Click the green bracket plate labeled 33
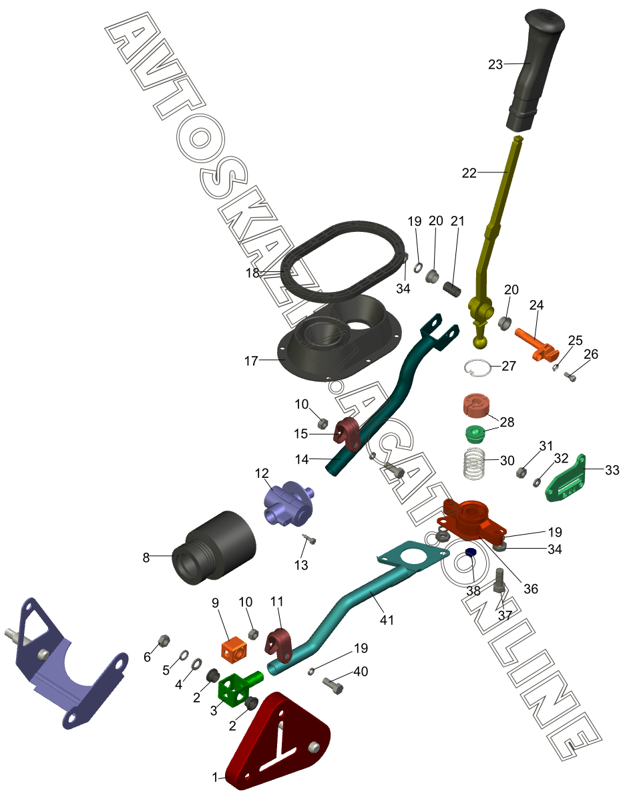[568, 479]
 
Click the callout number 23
[495, 64]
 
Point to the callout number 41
[387, 620]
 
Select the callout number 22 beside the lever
[469, 172]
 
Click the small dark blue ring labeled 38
[470, 552]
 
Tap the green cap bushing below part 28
[474, 433]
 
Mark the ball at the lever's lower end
[481, 343]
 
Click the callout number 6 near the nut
[147, 657]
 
